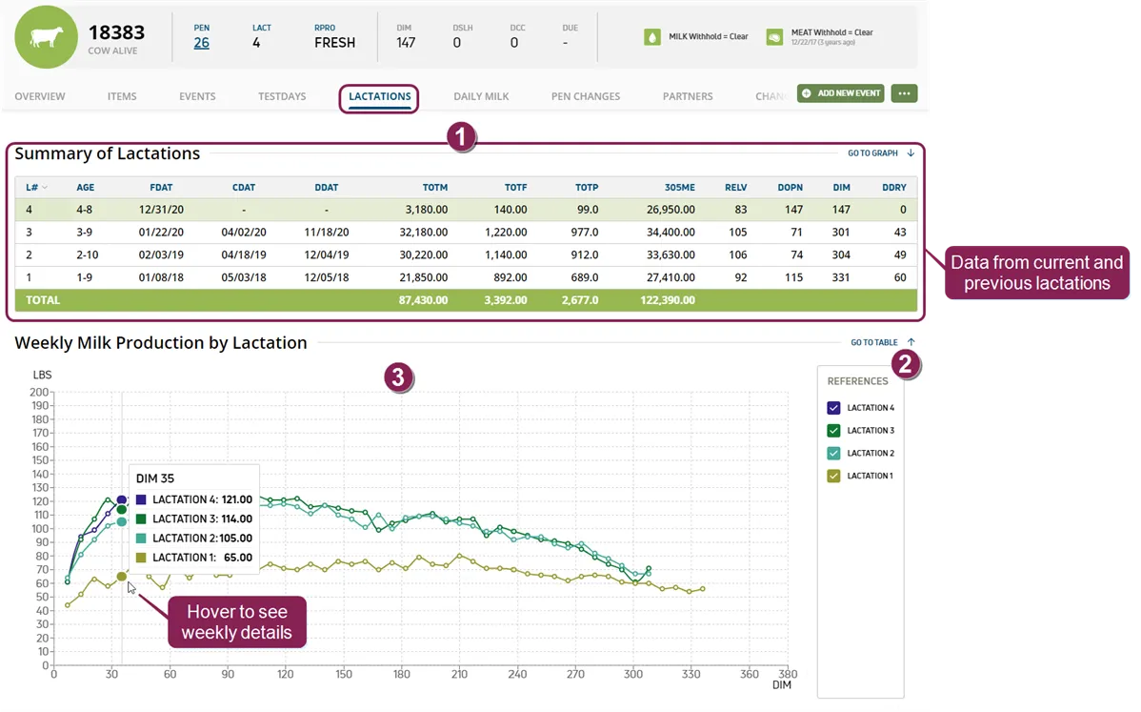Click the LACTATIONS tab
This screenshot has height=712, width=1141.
[379, 96]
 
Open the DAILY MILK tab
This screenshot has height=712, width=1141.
[481, 96]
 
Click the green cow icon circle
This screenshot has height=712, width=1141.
[46, 37]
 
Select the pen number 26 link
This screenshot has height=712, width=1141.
[202, 43]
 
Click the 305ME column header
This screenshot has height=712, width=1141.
[680, 187]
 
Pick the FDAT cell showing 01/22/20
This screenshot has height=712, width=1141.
[161, 233]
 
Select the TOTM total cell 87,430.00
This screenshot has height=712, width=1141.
[423, 300]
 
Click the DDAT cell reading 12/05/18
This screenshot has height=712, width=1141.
[326, 277]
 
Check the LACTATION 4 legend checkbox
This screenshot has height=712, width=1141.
[834, 408]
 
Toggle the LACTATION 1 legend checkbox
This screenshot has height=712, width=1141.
[834, 476]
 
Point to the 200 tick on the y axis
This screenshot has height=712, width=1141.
[39, 392]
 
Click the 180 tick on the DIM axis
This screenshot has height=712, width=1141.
[402, 674]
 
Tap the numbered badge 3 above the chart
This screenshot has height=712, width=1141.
[399, 377]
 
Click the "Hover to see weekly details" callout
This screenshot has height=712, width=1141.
[236, 621]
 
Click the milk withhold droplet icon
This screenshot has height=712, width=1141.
[652, 36]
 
